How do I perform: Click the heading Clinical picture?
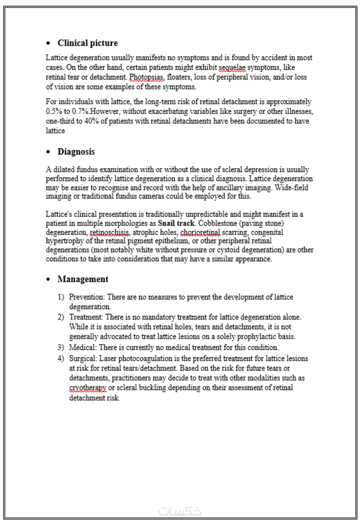[x=87, y=43]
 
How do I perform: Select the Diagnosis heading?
[x=76, y=152]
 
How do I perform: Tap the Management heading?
[x=83, y=279]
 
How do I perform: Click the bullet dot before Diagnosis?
[x=49, y=152]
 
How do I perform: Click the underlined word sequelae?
[x=232, y=67]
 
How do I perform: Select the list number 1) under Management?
[x=61, y=298]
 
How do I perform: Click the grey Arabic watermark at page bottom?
[x=180, y=511]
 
